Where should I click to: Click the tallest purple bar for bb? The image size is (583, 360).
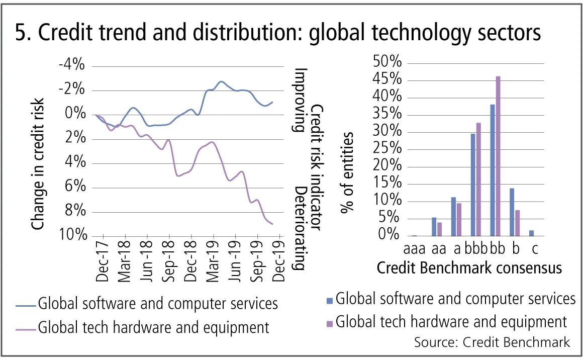click(x=498, y=156)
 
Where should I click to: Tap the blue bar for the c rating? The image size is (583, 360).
click(x=532, y=233)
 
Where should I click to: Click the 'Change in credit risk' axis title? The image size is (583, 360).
click(x=38, y=151)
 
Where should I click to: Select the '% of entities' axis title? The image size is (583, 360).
click(x=347, y=173)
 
